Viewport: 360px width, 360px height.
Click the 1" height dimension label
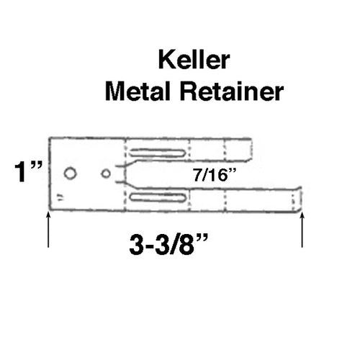click(x=27, y=173)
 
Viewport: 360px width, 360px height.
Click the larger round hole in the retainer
click(x=70, y=174)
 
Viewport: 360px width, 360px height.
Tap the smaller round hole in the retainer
click(x=106, y=173)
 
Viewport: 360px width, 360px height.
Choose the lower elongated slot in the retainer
click(x=161, y=197)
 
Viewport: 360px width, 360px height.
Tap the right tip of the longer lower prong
click(x=300, y=199)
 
